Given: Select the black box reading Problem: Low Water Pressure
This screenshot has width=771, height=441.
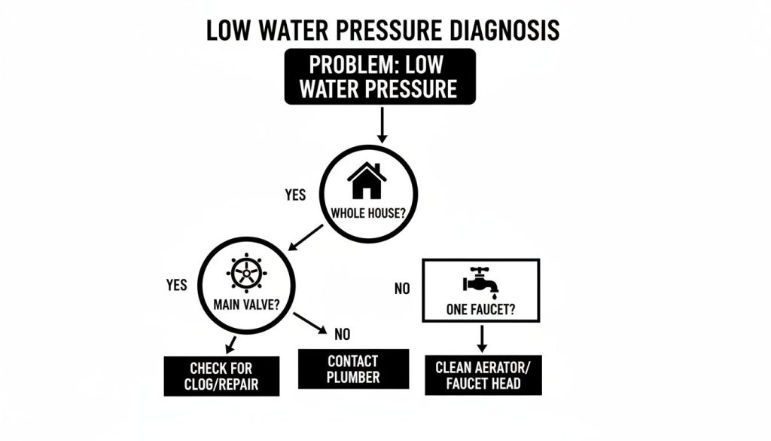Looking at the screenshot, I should [x=379, y=77].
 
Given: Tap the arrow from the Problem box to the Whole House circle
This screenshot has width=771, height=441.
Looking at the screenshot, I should [x=381, y=124].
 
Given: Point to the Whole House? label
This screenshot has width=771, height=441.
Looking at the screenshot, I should [x=368, y=213].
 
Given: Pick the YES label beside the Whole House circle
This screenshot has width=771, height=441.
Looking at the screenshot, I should [x=296, y=195].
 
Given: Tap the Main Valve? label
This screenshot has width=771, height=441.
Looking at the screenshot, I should [x=245, y=305].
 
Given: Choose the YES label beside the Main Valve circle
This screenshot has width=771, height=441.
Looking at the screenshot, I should [x=176, y=286].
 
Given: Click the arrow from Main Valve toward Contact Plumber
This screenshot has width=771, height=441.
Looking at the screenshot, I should [x=310, y=324].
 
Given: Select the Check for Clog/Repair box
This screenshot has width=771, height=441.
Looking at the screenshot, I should [x=221, y=375].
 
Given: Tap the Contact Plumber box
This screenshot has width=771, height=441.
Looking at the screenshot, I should [x=353, y=369].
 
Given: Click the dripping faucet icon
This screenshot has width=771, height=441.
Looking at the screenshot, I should [x=480, y=281].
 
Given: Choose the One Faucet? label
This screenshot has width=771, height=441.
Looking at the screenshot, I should [x=481, y=309].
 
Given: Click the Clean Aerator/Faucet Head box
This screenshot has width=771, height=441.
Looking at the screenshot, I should [x=482, y=375].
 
